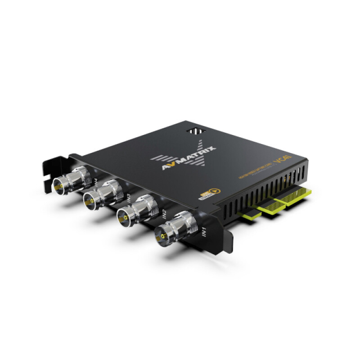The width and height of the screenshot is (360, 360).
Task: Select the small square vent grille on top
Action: click(194, 130)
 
